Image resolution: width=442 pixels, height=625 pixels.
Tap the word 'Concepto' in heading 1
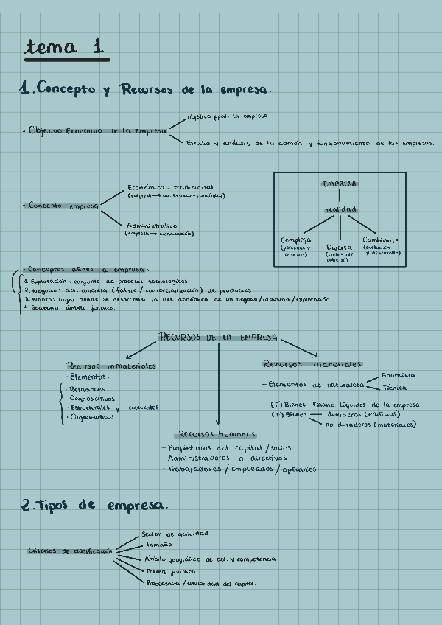[x=66, y=89]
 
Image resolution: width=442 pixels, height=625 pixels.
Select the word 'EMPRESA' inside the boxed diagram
[x=340, y=183]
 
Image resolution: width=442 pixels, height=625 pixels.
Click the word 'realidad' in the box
[x=340, y=209]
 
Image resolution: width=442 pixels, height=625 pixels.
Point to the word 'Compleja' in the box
[x=296, y=240]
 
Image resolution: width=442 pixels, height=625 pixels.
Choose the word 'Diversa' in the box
[x=340, y=247]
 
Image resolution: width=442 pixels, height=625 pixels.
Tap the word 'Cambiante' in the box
[x=381, y=240]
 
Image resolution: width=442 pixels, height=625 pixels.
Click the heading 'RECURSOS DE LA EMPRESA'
[x=218, y=337]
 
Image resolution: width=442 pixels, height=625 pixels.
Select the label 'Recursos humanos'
[x=217, y=434]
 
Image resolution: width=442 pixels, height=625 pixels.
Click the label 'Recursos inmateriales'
[x=111, y=366]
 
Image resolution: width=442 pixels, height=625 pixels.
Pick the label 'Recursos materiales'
[x=312, y=364]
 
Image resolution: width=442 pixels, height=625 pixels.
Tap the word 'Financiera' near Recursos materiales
[x=398, y=375]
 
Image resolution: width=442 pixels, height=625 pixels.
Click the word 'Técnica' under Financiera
[x=395, y=388]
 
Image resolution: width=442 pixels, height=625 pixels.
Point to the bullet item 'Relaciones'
[x=86, y=389]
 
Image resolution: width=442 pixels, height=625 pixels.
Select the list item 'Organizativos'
[x=91, y=417]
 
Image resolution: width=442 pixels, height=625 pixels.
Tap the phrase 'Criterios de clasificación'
[x=70, y=551]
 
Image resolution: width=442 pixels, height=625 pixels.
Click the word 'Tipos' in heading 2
[x=54, y=506]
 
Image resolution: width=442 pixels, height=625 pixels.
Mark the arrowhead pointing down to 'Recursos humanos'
[x=217, y=423]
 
